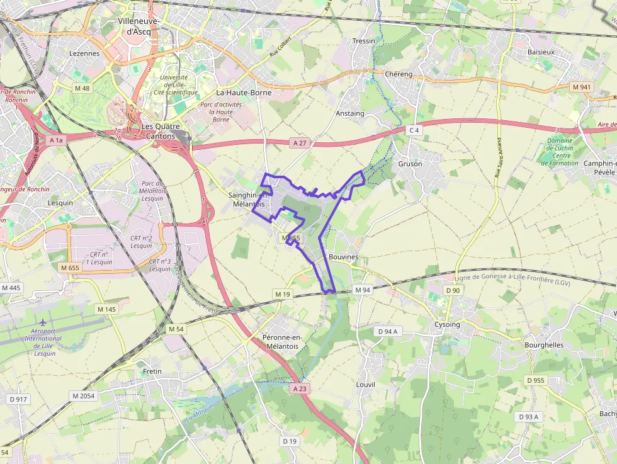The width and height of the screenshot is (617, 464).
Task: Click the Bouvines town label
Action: tap(343, 257)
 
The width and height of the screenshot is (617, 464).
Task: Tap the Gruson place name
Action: tap(410, 164)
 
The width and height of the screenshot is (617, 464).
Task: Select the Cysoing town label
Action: tap(447, 325)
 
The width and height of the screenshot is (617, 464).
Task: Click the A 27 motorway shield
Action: tap(299, 143)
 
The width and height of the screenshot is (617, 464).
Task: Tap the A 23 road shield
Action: tap(300, 389)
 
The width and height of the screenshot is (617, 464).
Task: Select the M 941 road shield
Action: tap(582, 86)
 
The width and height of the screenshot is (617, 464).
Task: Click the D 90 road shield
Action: tap(453, 290)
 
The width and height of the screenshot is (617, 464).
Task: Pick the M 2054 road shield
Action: tap(83, 396)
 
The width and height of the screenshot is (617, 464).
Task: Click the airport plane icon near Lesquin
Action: tap(43, 323)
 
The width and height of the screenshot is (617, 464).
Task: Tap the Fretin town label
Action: tap(152, 371)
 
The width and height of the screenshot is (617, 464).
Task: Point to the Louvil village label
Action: tap(365, 384)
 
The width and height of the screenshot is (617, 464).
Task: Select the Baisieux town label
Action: tap(541, 51)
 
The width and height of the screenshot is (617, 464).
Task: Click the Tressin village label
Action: tap(363, 41)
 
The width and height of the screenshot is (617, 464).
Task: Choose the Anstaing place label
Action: tap(350, 113)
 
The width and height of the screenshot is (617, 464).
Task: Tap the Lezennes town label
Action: tap(84, 54)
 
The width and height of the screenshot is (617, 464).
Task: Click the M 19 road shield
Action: tap(281, 294)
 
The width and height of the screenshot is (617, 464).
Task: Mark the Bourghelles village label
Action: tap(543, 345)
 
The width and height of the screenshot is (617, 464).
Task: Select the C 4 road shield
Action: tap(413, 130)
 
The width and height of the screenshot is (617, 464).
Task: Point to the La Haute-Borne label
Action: tap(244, 93)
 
